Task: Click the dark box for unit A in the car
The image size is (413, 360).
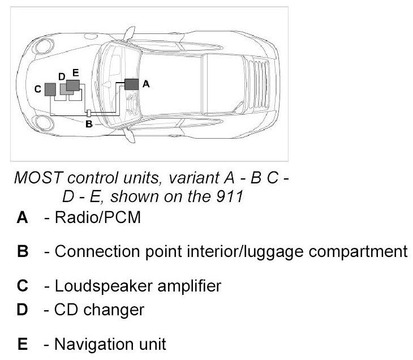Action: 131,84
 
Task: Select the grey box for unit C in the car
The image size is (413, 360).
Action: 50,89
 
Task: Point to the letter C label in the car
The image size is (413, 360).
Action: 37,89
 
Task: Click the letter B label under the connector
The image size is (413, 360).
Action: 88,125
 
